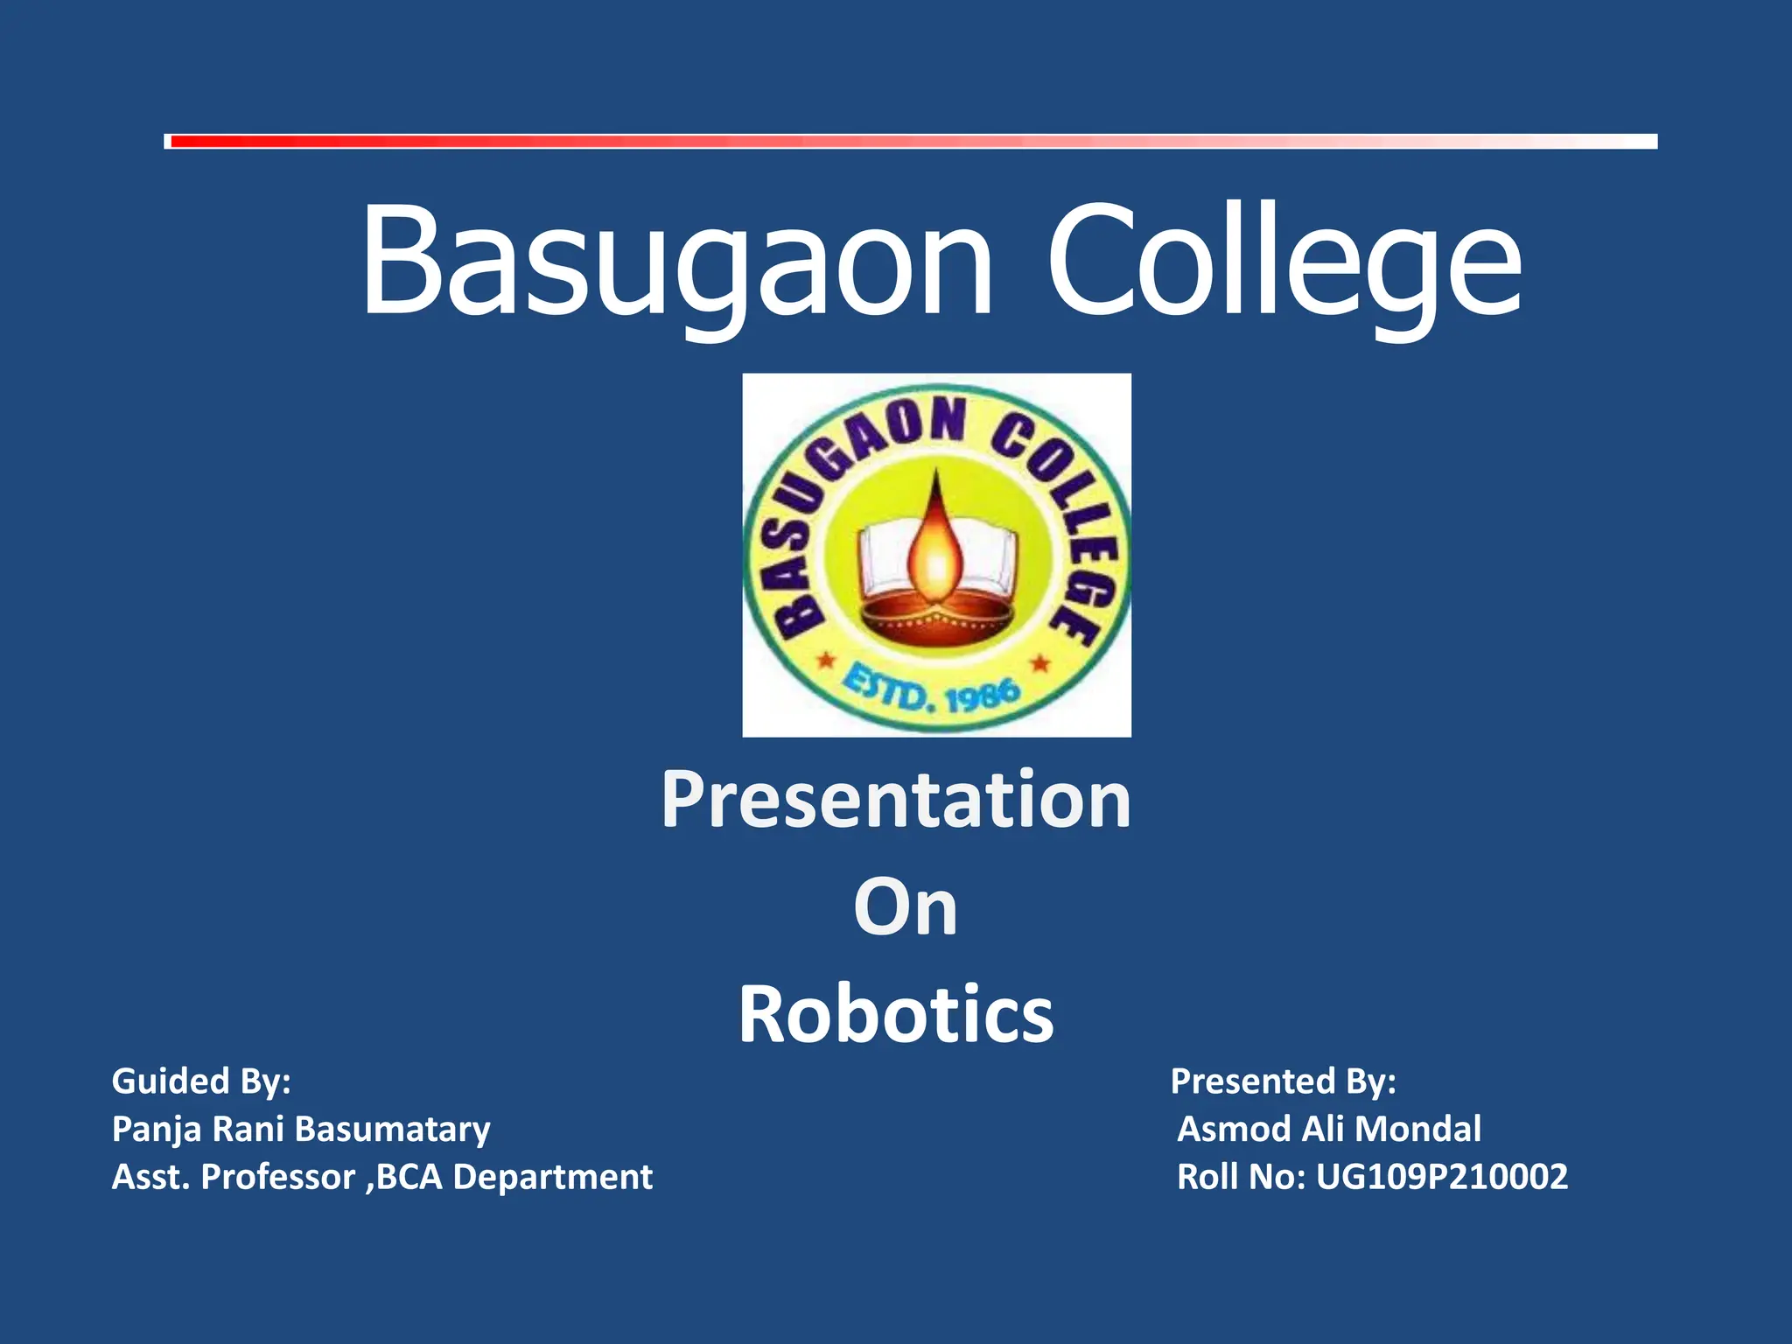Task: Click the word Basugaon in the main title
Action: [x=678, y=262]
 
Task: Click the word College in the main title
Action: [x=1284, y=262]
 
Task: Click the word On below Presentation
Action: [x=906, y=907]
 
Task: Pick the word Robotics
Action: [x=896, y=1014]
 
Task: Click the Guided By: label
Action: [x=201, y=1081]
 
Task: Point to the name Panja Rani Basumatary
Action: [x=301, y=1130]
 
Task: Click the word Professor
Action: [x=278, y=1178]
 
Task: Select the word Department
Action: [x=553, y=1178]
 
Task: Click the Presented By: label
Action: [x=1283, y=1081]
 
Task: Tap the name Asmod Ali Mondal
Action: [x=1329, y=1130]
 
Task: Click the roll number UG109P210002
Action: [x=1442, y=1178]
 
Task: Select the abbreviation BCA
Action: [x=409, y=1178]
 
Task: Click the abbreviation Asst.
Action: [x=150, y=1178]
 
